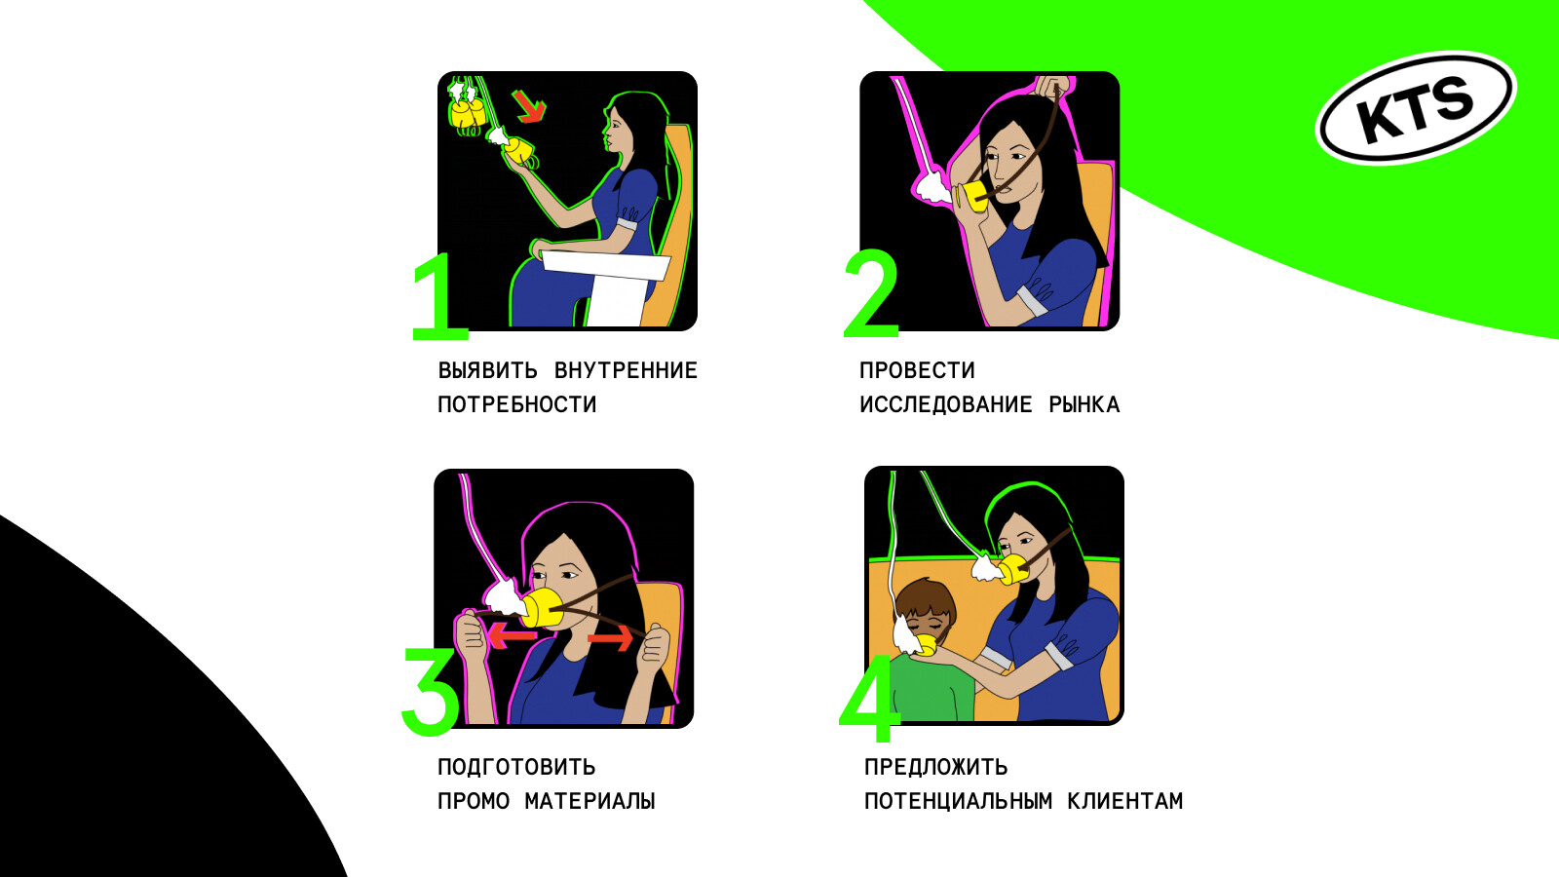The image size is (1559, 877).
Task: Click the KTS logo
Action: click(1416, 108)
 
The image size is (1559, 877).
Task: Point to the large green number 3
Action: click(431, 691)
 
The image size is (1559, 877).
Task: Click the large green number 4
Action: click(868, 699)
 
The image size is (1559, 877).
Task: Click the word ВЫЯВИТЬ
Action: click(488, 370)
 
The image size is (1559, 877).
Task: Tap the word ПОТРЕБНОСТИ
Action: click(517, 404)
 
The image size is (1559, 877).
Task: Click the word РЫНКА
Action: click(1084, 404)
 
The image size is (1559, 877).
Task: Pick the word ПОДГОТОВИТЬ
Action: click(516, 767)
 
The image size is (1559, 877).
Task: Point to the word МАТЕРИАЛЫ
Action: click(589, 801)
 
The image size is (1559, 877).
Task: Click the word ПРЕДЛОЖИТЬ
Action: click(936, 767)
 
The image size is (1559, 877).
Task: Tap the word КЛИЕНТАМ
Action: click(1125, 801)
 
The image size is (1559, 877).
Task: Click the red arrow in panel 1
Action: click(530, 106)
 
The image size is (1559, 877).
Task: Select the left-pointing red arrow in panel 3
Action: click(511, 635)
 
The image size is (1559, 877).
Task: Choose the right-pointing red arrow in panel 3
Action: click(611, 637)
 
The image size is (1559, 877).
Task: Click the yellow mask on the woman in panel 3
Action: click(543, 608)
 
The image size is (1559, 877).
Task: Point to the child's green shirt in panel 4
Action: click(932, 686)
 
